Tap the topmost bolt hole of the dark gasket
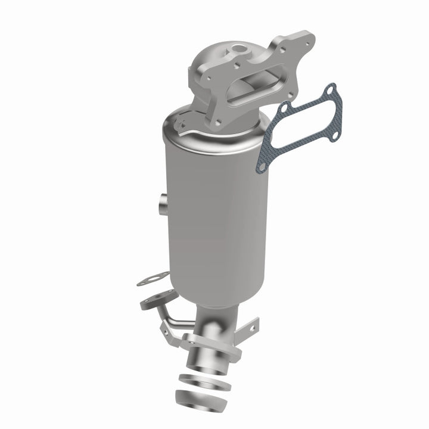point(332,89)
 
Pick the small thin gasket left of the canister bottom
point(153,278)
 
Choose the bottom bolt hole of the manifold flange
point(217,122)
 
